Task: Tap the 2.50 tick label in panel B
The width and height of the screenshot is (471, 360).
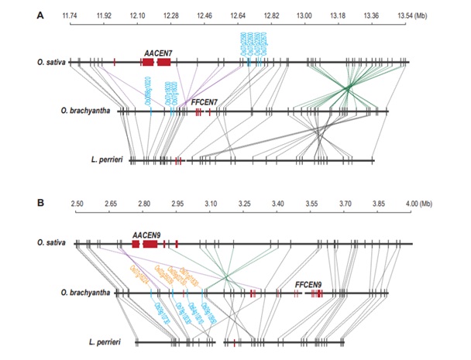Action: (x=76, y=203)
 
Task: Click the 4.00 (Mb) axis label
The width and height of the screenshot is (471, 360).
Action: (x=411, y=203)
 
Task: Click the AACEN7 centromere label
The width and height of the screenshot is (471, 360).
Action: (x=156, y=51)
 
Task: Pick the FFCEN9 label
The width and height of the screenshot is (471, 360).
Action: (x=310, y=284)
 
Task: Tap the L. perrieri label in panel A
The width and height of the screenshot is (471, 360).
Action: (x=108, y=160)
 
